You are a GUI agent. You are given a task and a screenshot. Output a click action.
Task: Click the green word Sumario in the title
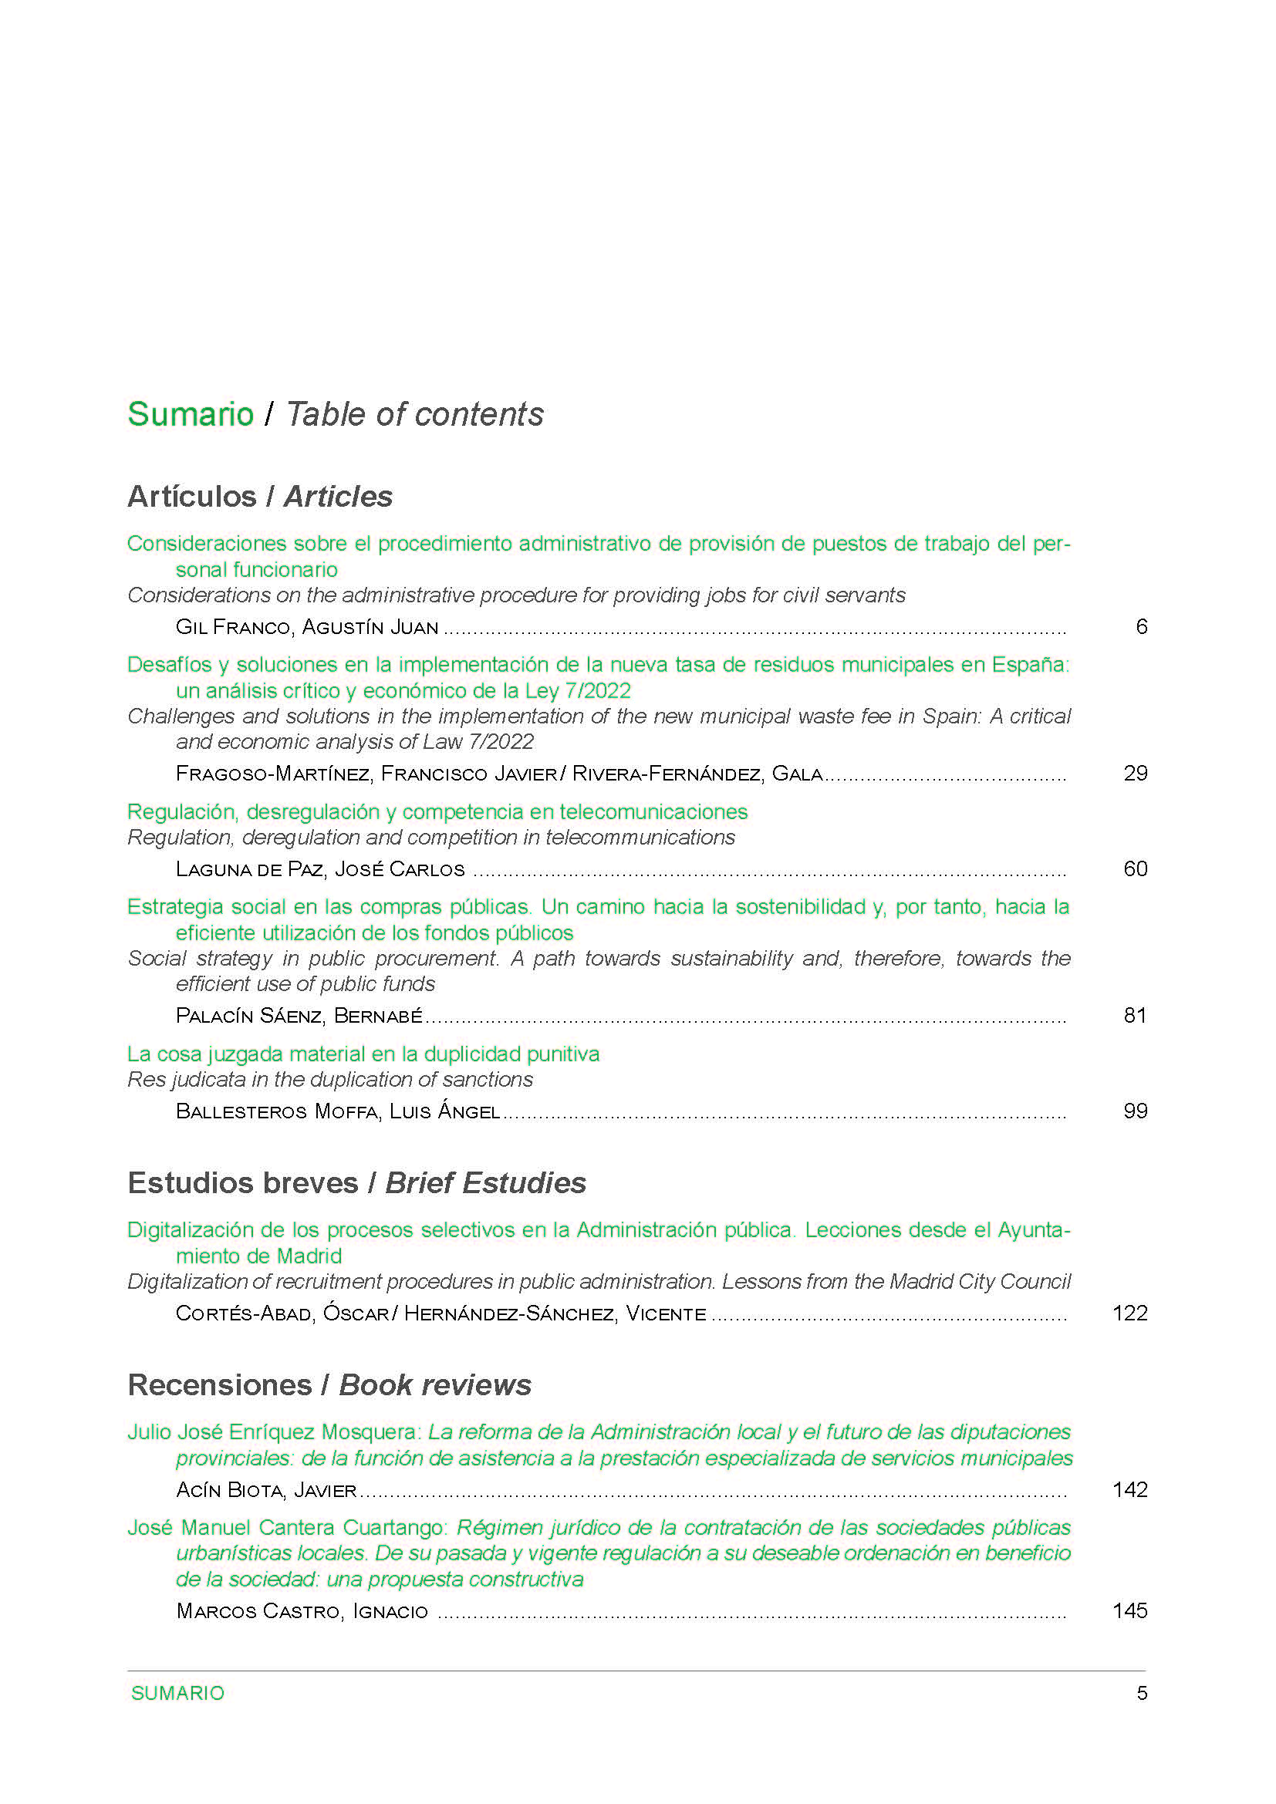(x=190, y=414)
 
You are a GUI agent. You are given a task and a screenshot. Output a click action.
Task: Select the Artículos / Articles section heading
(x=259, y=497)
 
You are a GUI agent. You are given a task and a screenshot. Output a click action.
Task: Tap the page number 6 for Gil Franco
(x=1141, y=626)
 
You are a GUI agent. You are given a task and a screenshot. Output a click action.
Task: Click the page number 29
(x=1136, y=773)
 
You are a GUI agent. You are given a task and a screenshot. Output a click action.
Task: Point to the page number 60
(x=1136, y=868)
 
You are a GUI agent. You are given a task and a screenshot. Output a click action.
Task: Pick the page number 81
(x=1136, y=1015)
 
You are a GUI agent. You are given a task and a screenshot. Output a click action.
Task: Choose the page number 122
(x=1130, y=1313)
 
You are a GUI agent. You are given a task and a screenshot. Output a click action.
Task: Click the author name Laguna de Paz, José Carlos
(x=320, y=869)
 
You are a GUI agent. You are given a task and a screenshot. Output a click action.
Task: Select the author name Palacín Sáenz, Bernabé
(x=299, y=1016)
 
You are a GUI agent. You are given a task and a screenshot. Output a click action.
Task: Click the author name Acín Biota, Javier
(x=266, y=1490)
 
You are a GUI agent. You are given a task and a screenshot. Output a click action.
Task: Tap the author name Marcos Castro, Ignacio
(x=302, y=1610)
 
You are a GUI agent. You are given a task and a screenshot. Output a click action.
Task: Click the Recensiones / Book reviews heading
(x=329, y=1384)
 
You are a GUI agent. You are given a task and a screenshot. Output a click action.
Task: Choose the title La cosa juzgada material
(x=363, y=1054)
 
